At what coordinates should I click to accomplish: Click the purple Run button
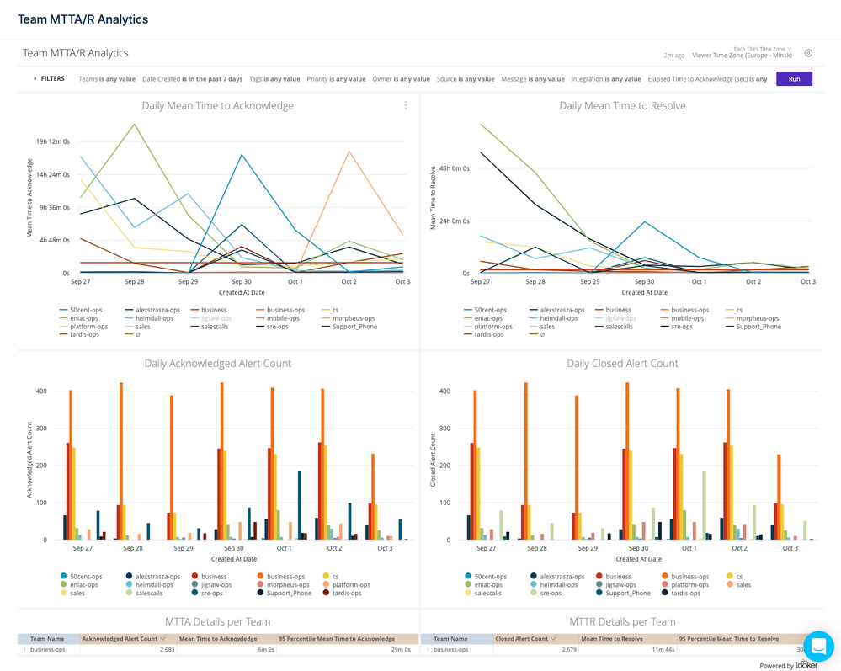point(794,78)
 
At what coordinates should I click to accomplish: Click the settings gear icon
point(808,53)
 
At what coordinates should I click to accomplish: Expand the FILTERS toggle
point(49,79)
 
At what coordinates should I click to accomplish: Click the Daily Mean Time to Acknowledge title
point(217,106)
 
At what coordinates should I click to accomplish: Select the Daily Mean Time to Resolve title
point(622,106)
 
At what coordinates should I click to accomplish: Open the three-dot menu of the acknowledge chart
point(406,106)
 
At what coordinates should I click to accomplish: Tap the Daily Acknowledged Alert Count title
point(217,364)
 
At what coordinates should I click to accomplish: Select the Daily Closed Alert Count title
point(622,364)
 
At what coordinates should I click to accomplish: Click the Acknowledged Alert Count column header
point(123,639)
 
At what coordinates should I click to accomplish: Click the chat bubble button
point(817,647)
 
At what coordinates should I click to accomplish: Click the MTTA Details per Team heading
point(217,622)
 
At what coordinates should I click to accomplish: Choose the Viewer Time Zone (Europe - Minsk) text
point(742,56)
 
